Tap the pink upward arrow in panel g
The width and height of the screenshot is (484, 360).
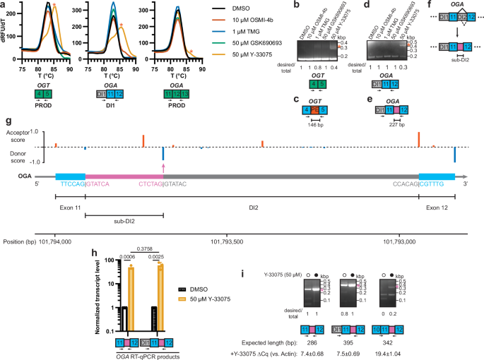tap(163, 167)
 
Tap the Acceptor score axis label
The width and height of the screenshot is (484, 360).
tap(22, 132)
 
